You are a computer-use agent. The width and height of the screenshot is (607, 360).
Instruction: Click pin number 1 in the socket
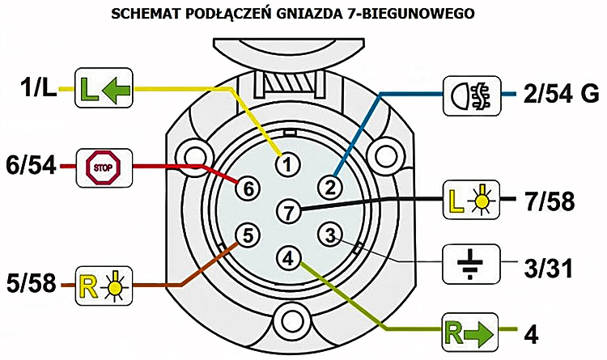coord(287,165)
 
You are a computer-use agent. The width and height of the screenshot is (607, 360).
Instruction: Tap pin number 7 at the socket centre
coord(289,212)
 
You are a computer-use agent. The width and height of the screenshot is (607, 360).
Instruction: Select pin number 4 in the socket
coord(289,258)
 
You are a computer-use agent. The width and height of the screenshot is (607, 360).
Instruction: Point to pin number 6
coord(248,188)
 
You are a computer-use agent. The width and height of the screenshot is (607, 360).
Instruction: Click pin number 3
coord(330,235)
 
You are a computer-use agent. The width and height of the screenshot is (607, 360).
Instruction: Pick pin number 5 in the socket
coord(248,235)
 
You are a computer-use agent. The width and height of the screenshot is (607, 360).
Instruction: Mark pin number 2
coord(330,188)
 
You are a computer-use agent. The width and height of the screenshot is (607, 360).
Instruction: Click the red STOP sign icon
coord(104,167)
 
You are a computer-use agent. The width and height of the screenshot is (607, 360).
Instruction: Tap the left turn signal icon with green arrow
coord(104,88)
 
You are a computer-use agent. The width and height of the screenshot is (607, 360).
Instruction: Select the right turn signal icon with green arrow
coord(470,332)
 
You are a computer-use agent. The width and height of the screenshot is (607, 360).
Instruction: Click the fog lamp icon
coord(472,95)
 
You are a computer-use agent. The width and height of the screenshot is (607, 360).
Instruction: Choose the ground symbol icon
coord(471,264)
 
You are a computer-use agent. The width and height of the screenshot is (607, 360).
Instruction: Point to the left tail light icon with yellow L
coord(471,200)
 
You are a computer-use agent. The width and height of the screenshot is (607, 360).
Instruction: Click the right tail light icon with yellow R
coord(104,286)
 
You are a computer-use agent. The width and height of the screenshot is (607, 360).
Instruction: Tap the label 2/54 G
coord(561,94)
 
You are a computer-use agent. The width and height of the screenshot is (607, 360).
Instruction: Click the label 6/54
coord(31,166)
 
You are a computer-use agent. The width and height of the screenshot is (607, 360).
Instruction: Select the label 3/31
coord(548,268)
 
